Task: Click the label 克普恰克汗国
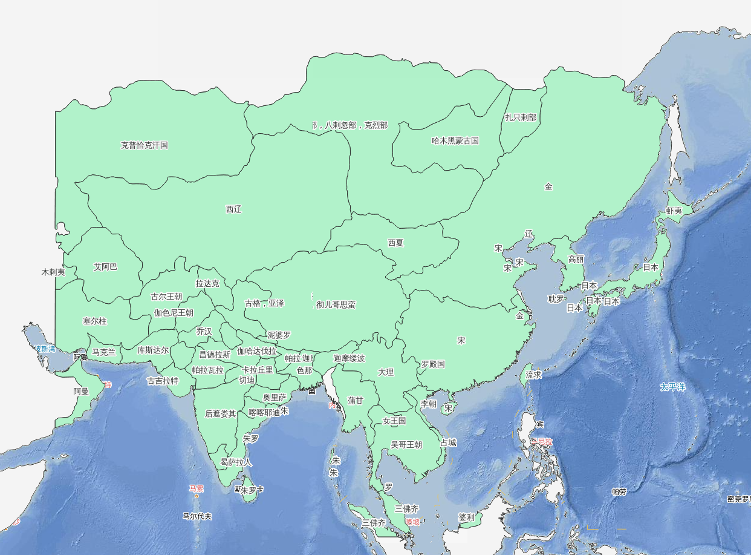144,145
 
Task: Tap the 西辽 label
234,209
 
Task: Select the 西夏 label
395,243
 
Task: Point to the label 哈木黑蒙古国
455,141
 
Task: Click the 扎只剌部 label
521,117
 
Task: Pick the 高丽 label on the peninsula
576,260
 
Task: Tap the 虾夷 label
674,211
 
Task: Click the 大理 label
386,372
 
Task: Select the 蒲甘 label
356,401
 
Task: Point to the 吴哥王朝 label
406,445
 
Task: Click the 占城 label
448,443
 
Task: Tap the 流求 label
533,375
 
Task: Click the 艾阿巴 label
106,267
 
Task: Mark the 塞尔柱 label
95,321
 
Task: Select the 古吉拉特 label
163,381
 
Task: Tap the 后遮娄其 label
221,414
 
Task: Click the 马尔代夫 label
197,516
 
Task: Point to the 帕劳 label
619,492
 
